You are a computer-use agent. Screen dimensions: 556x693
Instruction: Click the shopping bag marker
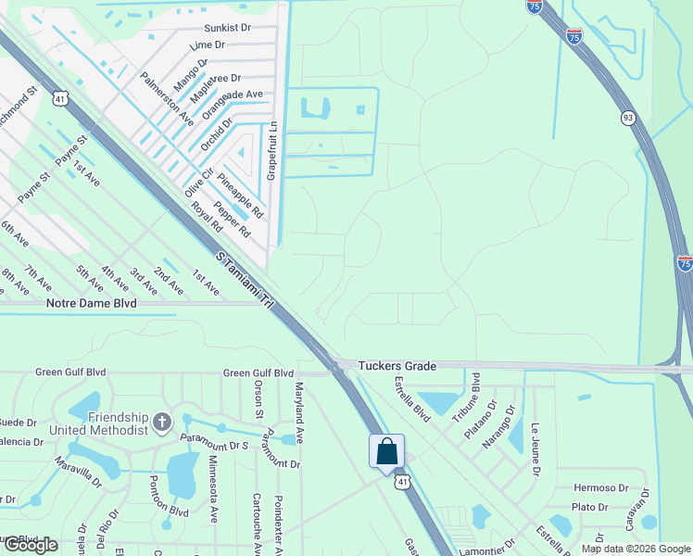coord(387,452)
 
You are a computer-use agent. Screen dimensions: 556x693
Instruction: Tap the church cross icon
coord(162,423)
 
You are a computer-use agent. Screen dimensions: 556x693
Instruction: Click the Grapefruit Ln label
coord(272,151)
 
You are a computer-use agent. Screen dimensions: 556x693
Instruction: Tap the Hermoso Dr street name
coord(601,487)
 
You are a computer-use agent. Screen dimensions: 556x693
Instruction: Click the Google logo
coord(30,545)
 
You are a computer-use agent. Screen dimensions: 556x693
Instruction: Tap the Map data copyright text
coord(636,549)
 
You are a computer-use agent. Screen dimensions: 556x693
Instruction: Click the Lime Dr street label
coord(207,44)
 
